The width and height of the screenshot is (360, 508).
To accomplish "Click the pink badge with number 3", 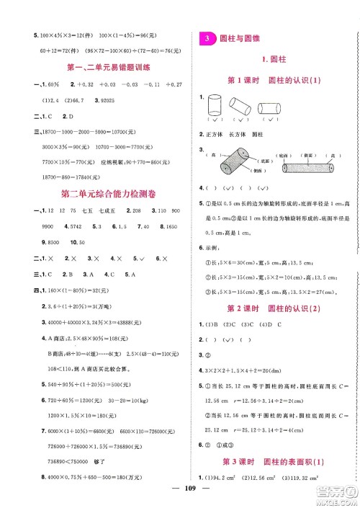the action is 206,37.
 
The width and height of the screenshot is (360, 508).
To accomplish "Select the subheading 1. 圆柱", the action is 274,61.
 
